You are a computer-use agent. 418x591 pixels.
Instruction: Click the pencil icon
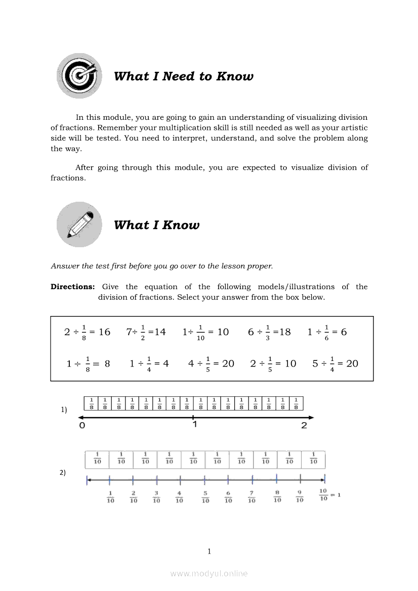click(79, 224)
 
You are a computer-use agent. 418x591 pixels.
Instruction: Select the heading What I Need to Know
click(184, 76)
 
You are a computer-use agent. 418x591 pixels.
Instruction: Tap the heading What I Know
click(156, 225)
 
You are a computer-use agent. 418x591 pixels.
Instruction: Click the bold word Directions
click(72, 287)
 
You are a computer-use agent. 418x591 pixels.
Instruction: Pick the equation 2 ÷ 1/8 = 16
click(87, 332)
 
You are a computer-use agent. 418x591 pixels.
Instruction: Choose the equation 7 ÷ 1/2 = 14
click(146, 332)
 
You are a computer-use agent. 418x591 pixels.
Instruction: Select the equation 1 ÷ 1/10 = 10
click(205, 332)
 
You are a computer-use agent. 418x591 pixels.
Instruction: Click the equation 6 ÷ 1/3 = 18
click(269, 332)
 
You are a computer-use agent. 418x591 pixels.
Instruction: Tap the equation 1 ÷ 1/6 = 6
click(327, 332)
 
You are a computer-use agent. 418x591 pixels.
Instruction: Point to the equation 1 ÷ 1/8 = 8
click(88, 363)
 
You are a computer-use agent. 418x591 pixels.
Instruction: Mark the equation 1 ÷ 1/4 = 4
click(149, 363)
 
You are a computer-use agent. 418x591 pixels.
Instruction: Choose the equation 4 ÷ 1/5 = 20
click(211, 363)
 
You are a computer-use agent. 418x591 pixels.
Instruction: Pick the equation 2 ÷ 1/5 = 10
click(273, 363)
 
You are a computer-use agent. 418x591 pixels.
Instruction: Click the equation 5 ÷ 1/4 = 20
click(335, 363)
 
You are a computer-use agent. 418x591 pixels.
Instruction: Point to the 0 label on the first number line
click(82, 426)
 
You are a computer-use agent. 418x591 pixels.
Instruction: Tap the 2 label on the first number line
click(304, 426)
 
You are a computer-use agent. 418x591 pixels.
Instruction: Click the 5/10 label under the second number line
click(205, 497)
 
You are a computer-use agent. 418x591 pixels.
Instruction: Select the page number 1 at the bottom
click(209, 552)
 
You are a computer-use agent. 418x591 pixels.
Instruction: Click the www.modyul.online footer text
click(209, 573)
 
